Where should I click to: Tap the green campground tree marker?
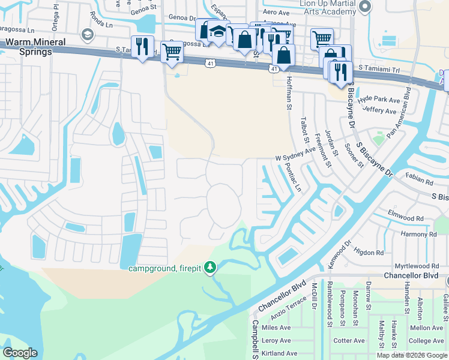[209, 266]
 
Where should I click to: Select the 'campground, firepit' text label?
[165, 268]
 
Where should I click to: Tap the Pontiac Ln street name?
[291, 179]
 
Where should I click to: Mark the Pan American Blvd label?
[399, 113]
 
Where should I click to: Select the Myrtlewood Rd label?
[417, 266]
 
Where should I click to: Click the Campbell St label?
[256, 340]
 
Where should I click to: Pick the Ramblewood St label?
[330, 303]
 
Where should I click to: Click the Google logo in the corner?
[20, 352]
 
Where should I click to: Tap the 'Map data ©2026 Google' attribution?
[411, 355]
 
